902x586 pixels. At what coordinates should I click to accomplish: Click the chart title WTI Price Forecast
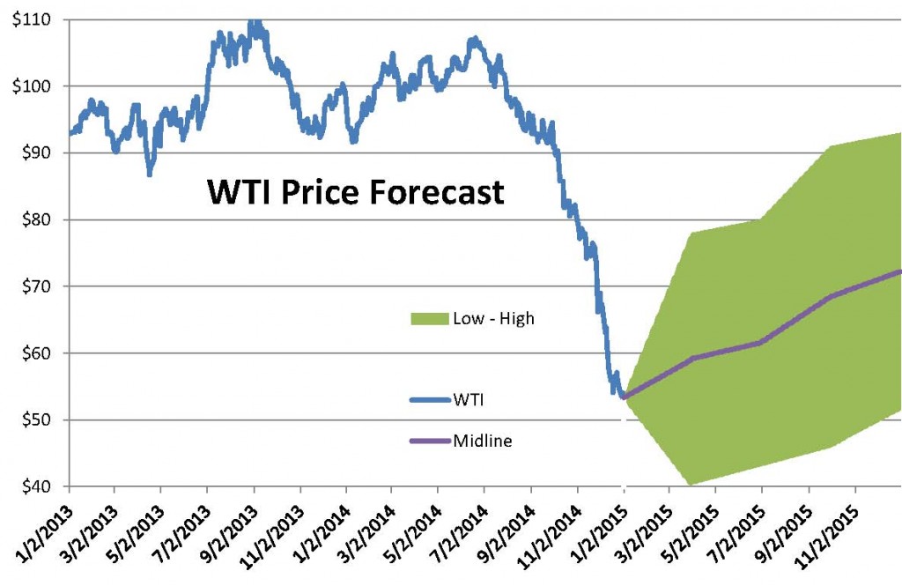click(355, 191)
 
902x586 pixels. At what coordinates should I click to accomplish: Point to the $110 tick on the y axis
click(31, 19)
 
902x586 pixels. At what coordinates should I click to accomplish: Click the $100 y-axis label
click(31, 86)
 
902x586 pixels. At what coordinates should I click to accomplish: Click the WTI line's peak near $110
click(254, 21)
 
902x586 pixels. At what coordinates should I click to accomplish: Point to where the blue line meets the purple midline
click(625, 397)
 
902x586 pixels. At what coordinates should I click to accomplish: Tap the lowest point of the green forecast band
click(690, 485)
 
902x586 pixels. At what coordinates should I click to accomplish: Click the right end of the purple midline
click(899, 271)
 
